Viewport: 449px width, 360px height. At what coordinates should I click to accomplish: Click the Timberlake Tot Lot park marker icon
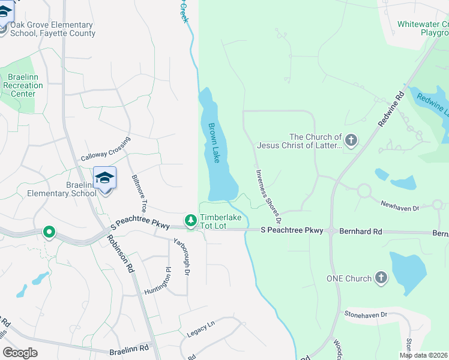coord(191,221)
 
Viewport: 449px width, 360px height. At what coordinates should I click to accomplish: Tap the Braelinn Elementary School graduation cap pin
coord(104,178)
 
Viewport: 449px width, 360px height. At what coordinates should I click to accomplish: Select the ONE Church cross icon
coord(381,278)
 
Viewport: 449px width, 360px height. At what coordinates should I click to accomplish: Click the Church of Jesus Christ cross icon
coord(351,141)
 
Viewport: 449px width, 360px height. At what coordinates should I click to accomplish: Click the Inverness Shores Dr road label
coord(269,188)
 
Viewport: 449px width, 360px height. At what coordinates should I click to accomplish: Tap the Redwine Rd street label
coord(393,109)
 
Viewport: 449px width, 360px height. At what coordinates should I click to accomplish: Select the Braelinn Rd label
coord(129,348)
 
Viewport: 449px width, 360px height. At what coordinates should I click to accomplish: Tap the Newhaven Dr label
coord(399,207)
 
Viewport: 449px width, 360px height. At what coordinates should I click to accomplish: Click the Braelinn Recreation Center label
coord(23,85)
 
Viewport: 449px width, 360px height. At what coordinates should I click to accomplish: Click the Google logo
coord(20,353)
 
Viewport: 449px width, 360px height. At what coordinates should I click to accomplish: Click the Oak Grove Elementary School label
coord(53,29)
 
